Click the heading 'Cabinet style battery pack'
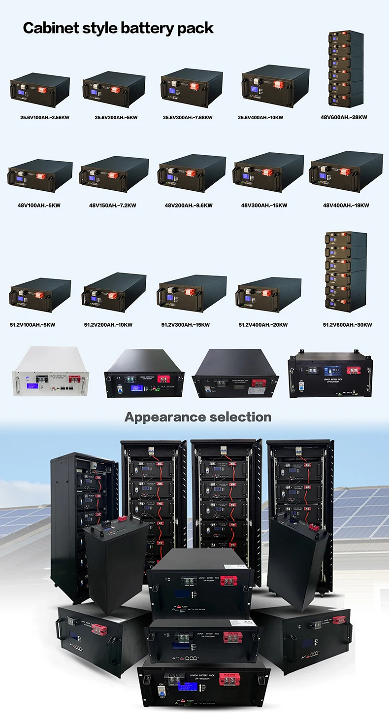tap(118, 28)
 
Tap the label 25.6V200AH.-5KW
tap(116, 118)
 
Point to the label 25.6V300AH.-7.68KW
tap(188, 118)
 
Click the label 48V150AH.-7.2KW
tap(113, 205)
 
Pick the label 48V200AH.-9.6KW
tap(189, 205)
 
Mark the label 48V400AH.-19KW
tap(346, 205)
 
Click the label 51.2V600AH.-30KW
tap(347, 325)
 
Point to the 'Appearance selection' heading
tap(198, 417)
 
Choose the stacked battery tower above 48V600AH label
tap(346, 69)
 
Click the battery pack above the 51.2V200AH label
tap(114, 294)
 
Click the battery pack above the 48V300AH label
tap(268, 173)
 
